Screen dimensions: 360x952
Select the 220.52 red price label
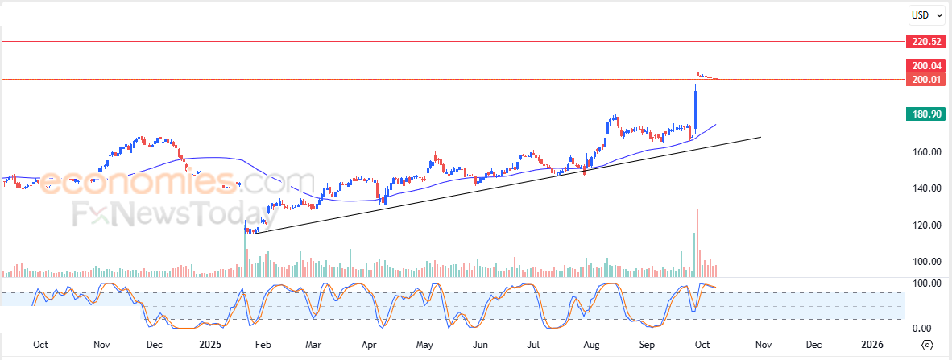pos(925,41)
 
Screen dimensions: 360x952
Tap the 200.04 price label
pos(925,66)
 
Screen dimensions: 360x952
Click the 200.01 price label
pos(925,79)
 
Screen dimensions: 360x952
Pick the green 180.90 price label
pos(925,114)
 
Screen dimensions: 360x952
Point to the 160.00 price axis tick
pos(925,152)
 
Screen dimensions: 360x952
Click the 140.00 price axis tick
pos(925,188)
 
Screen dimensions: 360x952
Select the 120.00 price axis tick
pos(925,226)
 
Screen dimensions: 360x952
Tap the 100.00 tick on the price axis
pos(925,262)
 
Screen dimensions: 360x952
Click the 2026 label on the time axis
pos(872,345)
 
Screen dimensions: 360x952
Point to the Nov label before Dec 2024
pos(101,345)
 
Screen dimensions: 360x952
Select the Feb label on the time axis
pos(263,345)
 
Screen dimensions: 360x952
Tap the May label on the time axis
pos(425,345)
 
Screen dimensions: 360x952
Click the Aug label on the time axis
pos(591,345)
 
